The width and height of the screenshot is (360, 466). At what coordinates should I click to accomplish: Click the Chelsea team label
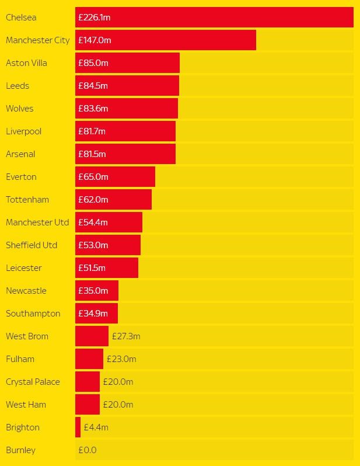coord(21,18)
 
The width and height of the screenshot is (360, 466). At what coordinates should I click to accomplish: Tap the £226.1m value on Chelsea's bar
coord(95,18)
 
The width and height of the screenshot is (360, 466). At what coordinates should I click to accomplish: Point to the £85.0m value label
coord(93,63)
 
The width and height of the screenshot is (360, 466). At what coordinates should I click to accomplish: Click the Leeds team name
coord(18,86)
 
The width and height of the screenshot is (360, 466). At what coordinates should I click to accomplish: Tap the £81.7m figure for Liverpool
coord(92,131)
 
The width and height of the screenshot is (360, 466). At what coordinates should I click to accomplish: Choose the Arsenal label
coord(20,154)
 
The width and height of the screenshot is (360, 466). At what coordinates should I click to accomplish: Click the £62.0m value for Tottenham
coord(93,200)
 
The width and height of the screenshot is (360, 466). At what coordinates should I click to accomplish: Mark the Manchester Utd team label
coord(37,222)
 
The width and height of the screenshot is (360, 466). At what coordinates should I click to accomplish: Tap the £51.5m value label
coord(92,268)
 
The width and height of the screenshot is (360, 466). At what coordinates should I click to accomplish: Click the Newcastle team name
coord(26,291)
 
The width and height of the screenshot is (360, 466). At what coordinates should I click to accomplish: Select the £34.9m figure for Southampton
coord(93,314)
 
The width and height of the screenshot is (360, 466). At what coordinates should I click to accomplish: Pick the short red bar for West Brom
coord(92,336)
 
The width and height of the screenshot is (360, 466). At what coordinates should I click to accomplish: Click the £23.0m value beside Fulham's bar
coord(121,359)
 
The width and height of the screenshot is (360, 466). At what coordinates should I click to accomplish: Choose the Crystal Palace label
coord(33,382)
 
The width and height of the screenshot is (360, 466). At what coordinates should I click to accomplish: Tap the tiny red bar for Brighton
coord(78,427)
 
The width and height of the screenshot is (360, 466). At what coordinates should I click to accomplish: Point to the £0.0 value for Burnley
coord(88,450)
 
